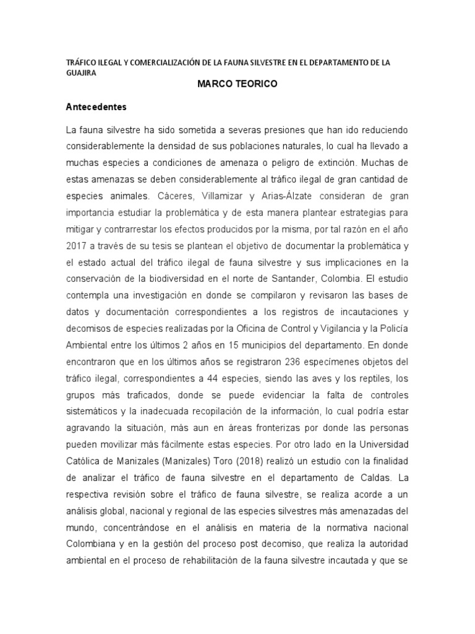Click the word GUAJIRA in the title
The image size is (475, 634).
click(x=81, y=72)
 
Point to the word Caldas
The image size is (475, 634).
click(x=375, y=478)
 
